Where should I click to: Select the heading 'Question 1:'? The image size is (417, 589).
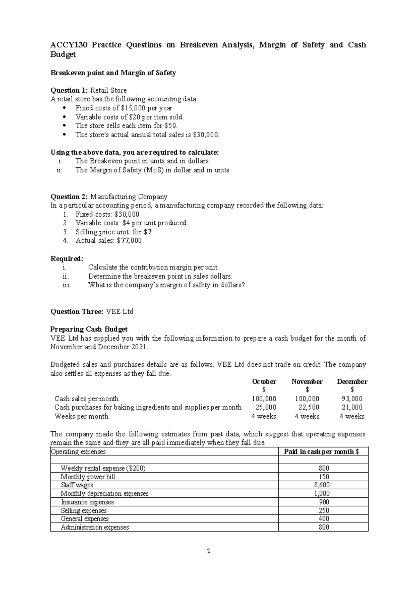69,90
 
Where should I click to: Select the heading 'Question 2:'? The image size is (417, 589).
69,197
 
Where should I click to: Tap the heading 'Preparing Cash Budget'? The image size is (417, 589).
89,329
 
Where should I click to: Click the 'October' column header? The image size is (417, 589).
264,382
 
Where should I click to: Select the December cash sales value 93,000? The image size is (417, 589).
352,399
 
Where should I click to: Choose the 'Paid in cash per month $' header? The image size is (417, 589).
321,451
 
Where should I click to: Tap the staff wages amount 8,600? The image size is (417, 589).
324,485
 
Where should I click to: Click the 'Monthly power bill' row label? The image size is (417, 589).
88,477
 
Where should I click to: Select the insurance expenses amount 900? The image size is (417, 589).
324,502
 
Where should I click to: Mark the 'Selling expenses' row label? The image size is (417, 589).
84,511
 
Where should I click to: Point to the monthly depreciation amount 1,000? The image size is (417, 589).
324,493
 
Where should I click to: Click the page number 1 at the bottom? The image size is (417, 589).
208,551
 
